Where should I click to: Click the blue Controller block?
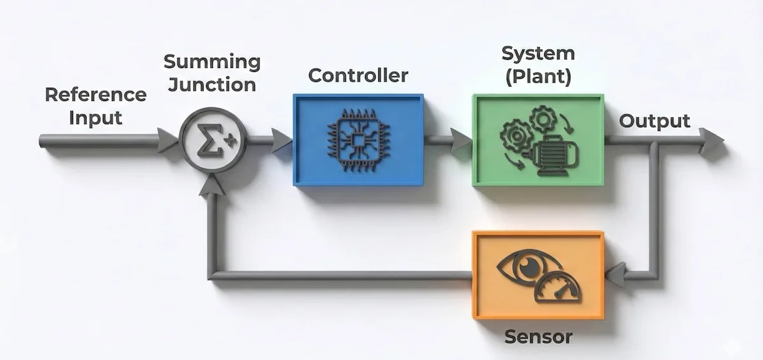(358, 139)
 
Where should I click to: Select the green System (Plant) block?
(538, 139)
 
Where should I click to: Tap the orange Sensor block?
(538, 274)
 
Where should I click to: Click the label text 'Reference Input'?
(95, 106)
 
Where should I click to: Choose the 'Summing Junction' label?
(212, 73)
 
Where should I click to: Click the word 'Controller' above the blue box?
(358, 76)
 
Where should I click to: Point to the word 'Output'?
(654, 121)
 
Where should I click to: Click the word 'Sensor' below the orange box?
(538, 336)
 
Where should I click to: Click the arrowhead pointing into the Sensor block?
(615, 275)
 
